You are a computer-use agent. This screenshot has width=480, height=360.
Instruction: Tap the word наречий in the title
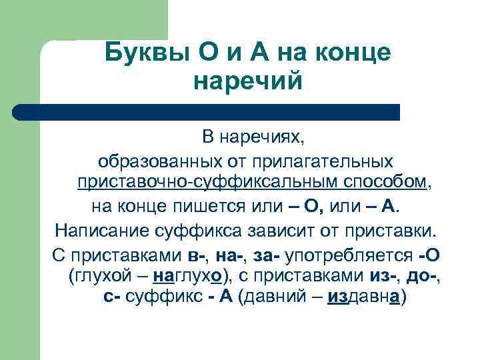tap(248, 81)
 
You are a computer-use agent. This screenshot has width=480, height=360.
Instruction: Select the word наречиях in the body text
tap(271, 139)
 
